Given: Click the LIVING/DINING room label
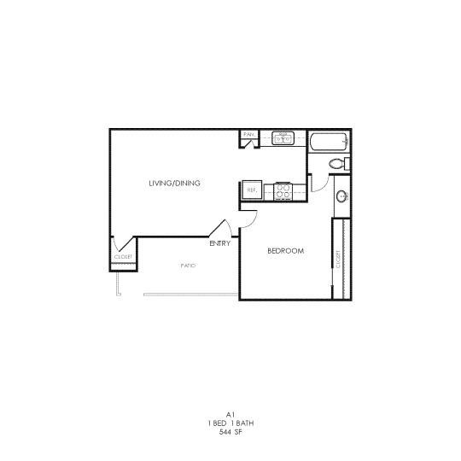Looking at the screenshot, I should click(174, 184).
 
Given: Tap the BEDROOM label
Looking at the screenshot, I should click(286, 250).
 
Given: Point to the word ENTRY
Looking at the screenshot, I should click(219, 243).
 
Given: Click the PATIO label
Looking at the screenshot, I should click(188, 266).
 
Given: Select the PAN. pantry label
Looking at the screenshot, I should click(249, 134).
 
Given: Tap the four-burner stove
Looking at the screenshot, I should click(283, 192).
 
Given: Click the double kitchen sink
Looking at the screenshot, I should click(283, 137).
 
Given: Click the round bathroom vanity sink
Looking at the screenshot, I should click(341, 195).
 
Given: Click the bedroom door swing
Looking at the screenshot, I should click(248, 217).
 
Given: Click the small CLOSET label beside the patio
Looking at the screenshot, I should click(123, 257).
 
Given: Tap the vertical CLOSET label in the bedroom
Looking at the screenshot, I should click(338, 259).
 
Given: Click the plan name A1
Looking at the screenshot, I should click(230, 412).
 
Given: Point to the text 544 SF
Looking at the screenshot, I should click(230, 432).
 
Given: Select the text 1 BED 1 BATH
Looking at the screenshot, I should click(230, 423).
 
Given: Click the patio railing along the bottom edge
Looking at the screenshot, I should click(190, 295).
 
